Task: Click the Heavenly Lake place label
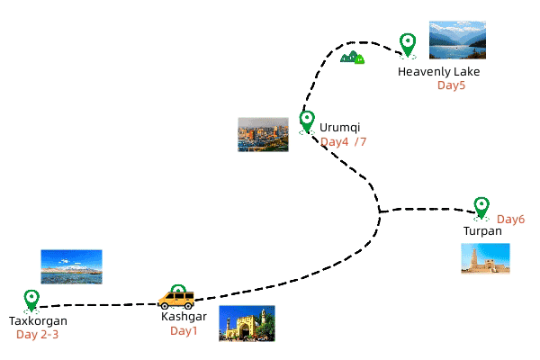coord(439,72)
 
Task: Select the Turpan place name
coord(482,231)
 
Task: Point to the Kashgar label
coord(184,317)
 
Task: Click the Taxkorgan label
coord(38,321)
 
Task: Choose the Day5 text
coord(452,85)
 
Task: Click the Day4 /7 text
coord(344,142)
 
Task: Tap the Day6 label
coord(510,220)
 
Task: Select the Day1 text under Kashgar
coord(184,331)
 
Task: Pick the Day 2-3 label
coord(38,335)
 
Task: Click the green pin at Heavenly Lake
coord(408,43)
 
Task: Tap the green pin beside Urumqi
coord(307,120)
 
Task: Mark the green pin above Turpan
coord(481,207)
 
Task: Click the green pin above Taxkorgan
coord(31,299)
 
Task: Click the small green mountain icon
coord(353,58)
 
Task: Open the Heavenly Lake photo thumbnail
coord(457,40)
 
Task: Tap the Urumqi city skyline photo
coord(263,134)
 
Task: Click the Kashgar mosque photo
coord(247,324)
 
